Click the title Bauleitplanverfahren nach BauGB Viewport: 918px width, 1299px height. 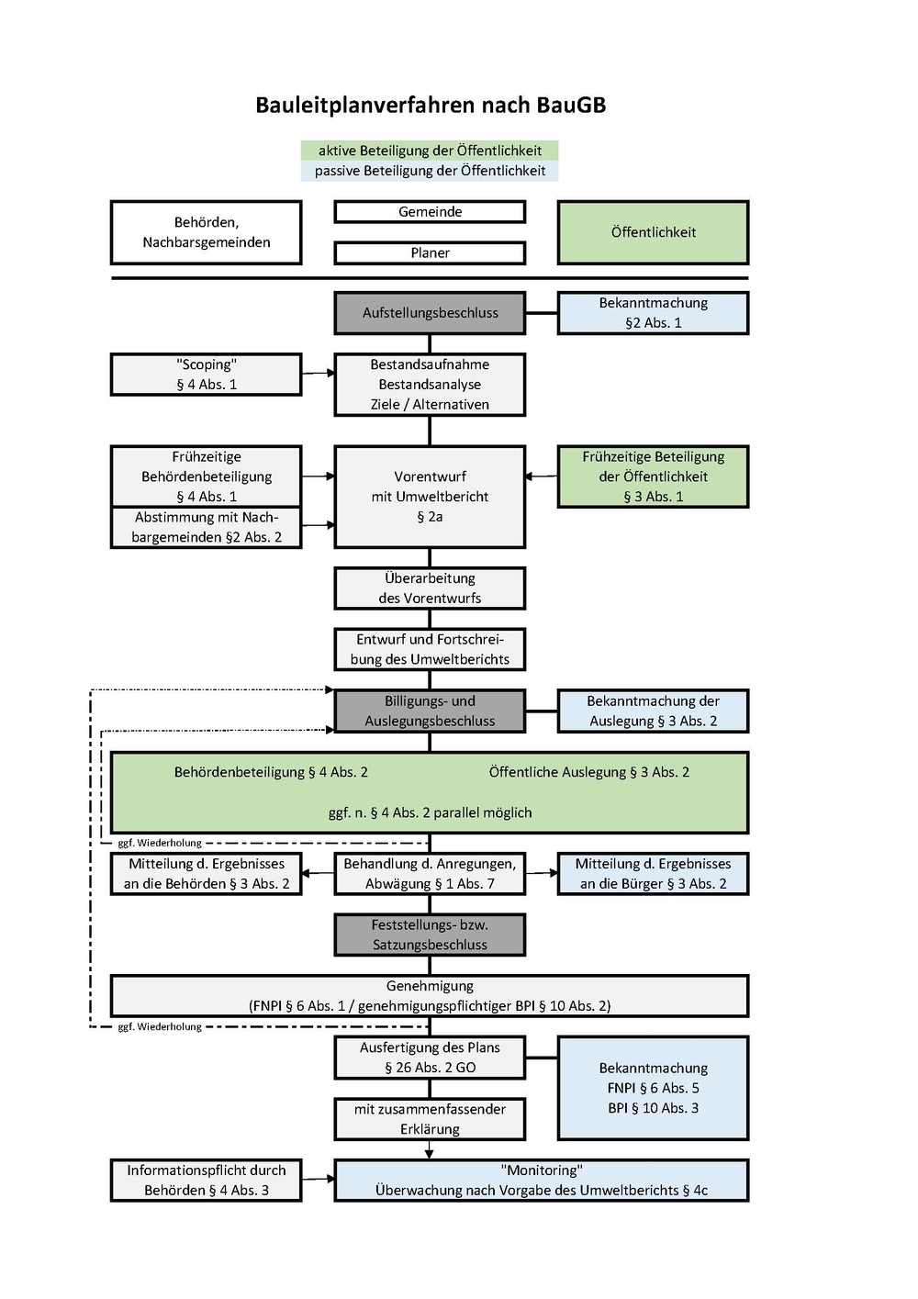click(x=431, y=106)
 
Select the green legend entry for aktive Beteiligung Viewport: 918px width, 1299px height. click(x=429, y=151)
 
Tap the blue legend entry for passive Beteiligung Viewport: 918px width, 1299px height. click(x=429, y=171)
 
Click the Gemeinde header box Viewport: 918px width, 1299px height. click(x=430, y=212)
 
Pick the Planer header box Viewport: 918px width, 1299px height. click(x=430, y=252)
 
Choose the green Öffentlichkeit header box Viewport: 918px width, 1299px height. click(x=653, y=232)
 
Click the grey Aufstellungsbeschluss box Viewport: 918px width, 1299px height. click(x=430, y=313)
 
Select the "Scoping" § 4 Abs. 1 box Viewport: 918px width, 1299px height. click(x=207, y=375)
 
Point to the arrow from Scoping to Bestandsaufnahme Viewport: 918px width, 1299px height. click(x=319, y=374)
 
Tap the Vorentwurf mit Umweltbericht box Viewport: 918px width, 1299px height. click(x=430, y=497)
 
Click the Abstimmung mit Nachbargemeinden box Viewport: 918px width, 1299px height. click(x=207, y=527)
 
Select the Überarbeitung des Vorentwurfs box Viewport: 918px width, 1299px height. click(x=430, y=588)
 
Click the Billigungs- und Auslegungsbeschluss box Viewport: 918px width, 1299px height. click(x=430, y=711)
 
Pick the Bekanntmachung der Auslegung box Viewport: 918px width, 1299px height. click(x=653, y=711)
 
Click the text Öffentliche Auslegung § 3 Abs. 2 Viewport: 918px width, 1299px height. click(x=588, y=772)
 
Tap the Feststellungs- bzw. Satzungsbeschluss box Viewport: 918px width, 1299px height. click(x=430, y=935)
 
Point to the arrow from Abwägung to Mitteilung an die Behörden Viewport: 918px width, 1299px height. click(x=318, y=873)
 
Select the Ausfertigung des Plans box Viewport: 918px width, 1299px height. click(x=430, y=1058)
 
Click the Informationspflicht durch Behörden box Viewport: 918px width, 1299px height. click(x=207, y=1181)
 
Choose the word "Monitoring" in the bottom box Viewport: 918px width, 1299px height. click(x=541, y=1170)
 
